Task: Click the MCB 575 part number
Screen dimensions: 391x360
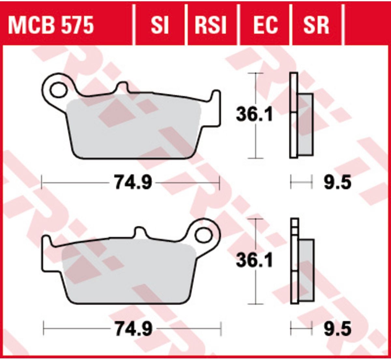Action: (51, 25)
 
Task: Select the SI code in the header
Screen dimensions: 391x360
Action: (160, 25)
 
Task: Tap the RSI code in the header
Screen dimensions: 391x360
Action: (210, 25)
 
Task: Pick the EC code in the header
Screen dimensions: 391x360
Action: (266, 25)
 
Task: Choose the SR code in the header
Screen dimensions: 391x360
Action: (316, 25)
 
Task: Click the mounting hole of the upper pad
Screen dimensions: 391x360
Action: (58, 90)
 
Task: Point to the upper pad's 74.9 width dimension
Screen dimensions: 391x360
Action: (133, 183)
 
